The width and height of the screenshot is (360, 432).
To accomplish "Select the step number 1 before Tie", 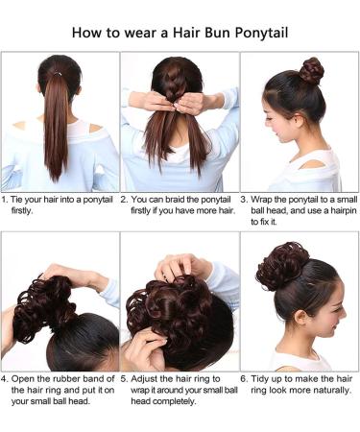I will [6, 200].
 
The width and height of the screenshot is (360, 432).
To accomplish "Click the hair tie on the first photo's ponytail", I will [59, 70].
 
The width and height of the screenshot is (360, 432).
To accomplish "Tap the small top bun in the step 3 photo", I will [311, 70].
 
